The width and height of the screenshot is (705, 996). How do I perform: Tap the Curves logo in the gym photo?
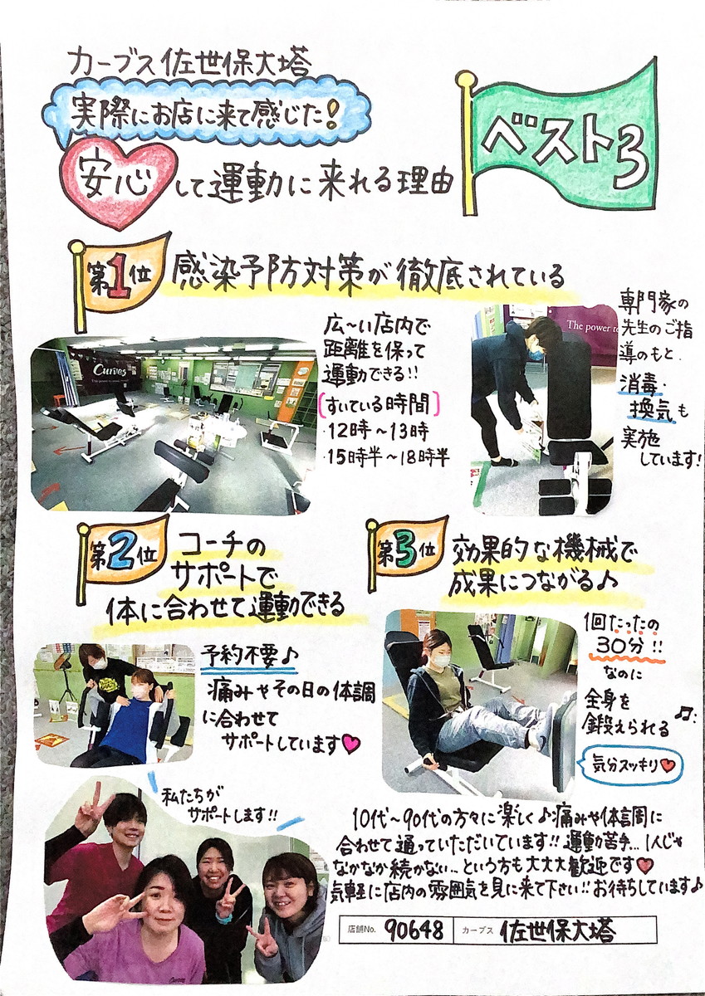coord(110,370)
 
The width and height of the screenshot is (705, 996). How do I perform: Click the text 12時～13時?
coord(378,431)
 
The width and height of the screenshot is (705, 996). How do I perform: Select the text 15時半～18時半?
coord(388,458)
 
